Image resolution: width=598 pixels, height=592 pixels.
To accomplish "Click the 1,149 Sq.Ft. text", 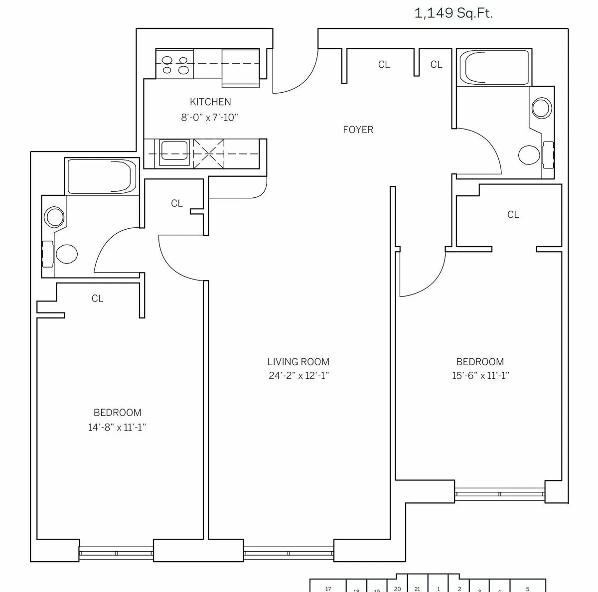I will point(453,13).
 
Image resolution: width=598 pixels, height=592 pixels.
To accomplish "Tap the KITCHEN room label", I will point(210,102).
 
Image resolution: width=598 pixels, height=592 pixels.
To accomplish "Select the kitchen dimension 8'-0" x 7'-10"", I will point(210,118).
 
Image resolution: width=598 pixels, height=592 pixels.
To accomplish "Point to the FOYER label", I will point(358,130).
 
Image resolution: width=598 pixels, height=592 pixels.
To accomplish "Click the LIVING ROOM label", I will point(298,362).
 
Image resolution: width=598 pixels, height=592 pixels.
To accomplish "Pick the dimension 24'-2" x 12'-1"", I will point(298,376).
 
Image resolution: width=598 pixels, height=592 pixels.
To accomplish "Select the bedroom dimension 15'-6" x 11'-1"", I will point(480,376).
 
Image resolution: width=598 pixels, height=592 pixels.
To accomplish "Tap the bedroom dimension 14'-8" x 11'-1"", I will point(117,427).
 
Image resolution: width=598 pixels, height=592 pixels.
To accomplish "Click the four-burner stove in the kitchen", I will point(175,64).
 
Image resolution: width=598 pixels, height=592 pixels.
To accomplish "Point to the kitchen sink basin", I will point(173,151).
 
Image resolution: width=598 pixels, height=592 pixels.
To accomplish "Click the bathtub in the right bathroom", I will point(494,68).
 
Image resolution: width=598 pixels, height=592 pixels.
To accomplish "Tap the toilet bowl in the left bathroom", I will point(67,254).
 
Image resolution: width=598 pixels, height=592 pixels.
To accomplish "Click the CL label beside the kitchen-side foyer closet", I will point(384,64).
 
